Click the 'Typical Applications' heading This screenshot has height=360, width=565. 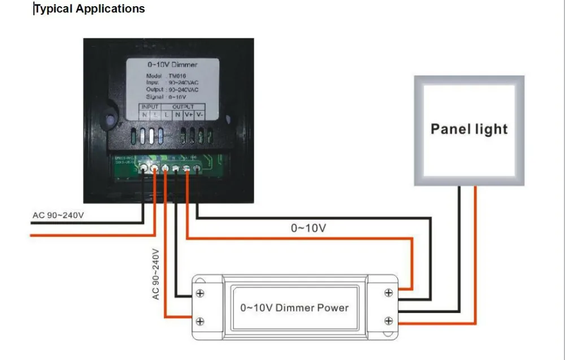coord(89,9)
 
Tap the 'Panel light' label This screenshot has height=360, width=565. coord(469,129)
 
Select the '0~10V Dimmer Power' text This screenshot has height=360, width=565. coord(294,308)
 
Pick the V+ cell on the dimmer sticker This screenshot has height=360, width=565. coord(190,114)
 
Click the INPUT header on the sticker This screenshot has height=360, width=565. coord(150,106)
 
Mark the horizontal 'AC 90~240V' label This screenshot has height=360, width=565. coord(58,215)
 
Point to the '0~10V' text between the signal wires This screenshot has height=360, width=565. coord(308,228)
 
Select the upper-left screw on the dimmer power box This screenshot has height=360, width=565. coord(199,294)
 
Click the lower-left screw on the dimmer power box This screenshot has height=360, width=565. coord(199,322)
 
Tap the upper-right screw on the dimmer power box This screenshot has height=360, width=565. coord(388,293)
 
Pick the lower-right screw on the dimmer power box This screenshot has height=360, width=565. coord(388,321)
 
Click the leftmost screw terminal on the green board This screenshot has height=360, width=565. coord(144,168)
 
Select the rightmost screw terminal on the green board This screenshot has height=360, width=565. coord(197,167)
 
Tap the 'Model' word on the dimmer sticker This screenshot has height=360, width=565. coord(154,76)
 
